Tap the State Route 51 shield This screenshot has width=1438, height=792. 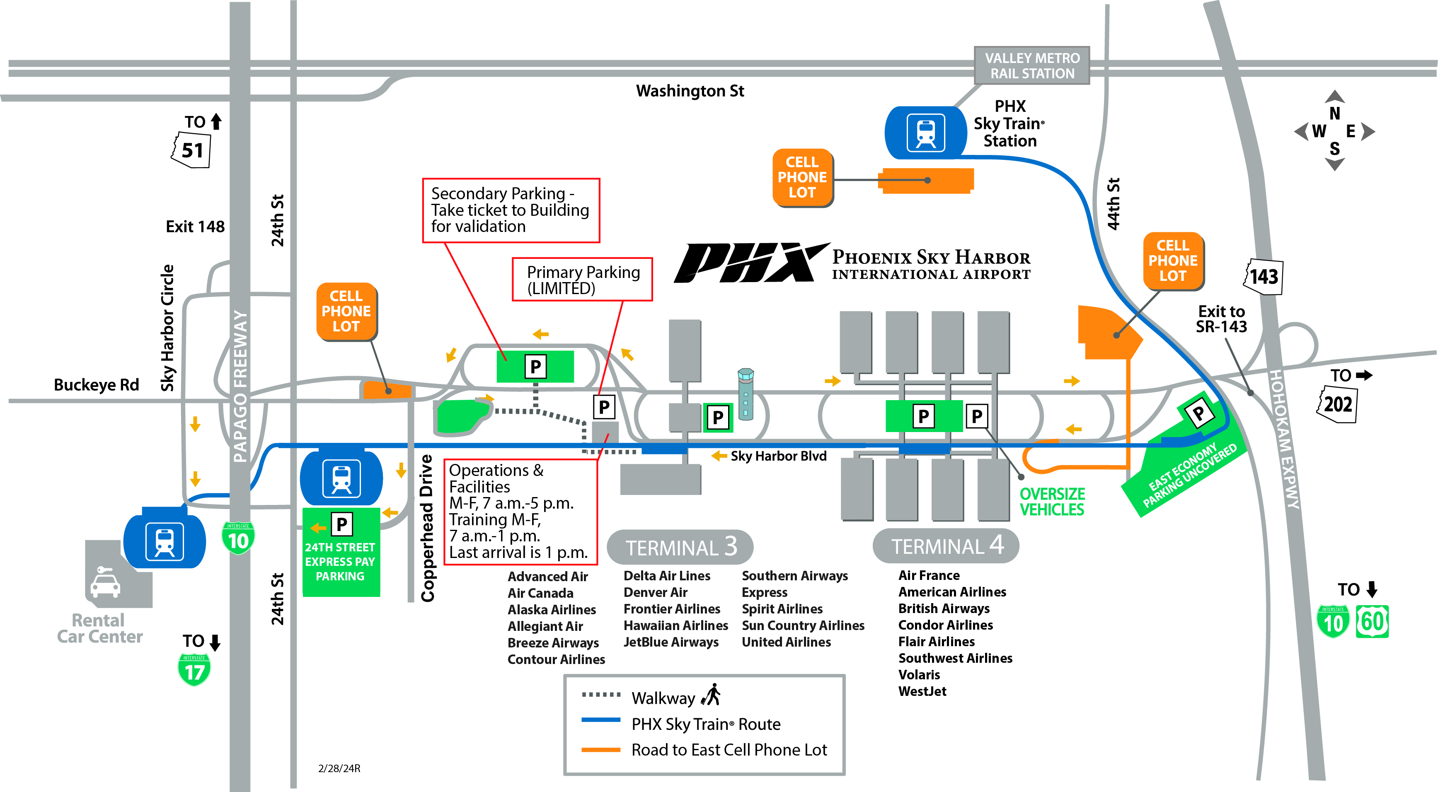[191, 150]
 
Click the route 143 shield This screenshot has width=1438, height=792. [1263, 277]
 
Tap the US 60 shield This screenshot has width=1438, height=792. [1372, 622]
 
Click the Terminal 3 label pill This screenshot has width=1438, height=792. [680, 547]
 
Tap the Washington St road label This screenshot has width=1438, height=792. [690, 91]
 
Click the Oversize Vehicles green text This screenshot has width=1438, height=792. [1052, 502]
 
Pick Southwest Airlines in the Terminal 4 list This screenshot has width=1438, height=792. [955, 658]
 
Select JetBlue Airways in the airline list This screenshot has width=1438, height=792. [671, 642]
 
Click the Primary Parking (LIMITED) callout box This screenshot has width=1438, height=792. [582, 280]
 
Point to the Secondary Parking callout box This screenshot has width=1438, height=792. [511, 210]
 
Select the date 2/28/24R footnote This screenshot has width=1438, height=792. [339, 768]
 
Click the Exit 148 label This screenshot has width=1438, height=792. [195, 227]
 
